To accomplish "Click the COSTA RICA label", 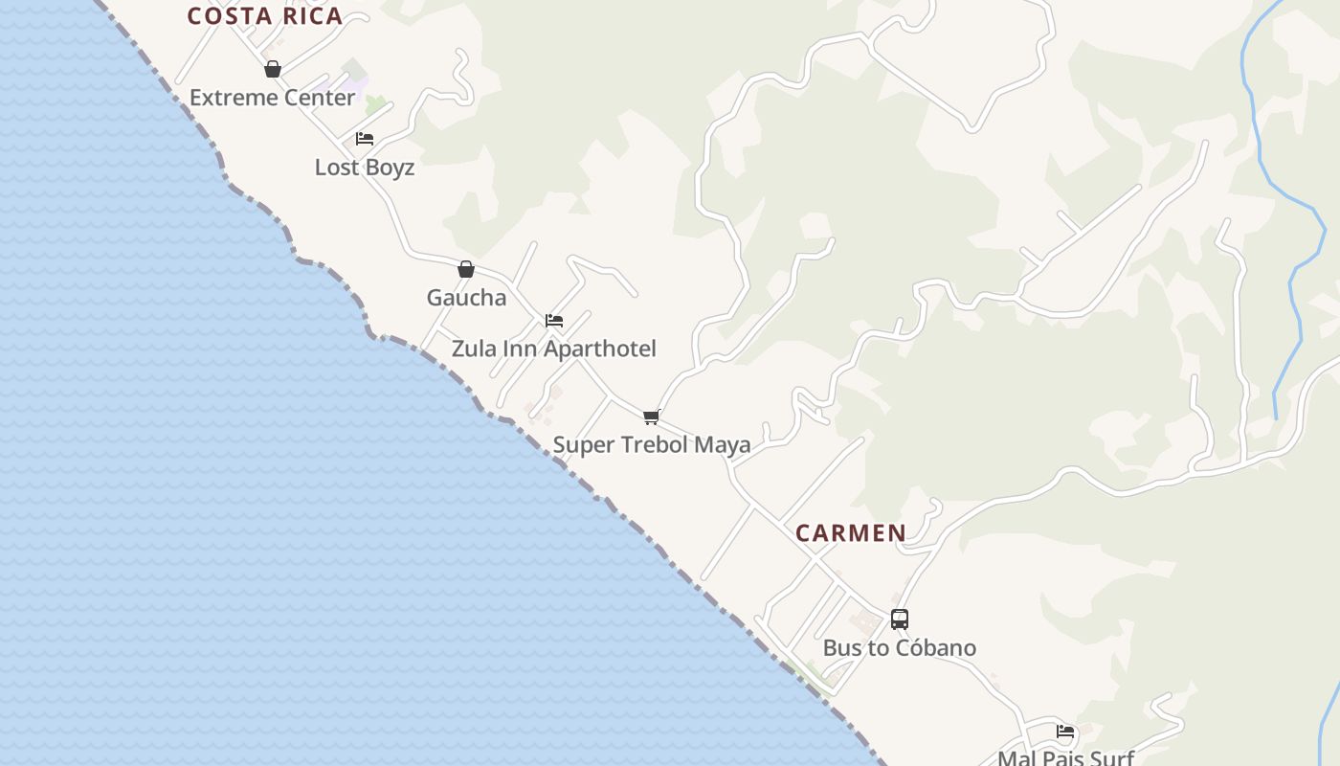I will [x=264, y=16].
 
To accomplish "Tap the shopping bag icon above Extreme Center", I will [x=273, y=69].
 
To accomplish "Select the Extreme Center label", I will [x=272, y=98].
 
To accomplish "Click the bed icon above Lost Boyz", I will [x=365, y=139].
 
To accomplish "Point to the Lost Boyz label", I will [x=365, y=168].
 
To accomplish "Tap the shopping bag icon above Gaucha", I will [x=466, y=269].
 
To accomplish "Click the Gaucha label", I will [x=466, y=298].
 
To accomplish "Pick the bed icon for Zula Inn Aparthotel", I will [x=554, y=321].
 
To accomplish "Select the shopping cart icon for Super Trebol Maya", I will [x=652, y=417].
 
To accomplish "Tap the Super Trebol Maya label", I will [x=652, y=445].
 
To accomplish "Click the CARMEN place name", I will [x=851, y=533].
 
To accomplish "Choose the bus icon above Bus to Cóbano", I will [x=900, y=620].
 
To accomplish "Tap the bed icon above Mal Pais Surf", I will [x=1065, y=732].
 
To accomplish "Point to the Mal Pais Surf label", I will [x=1065, y=758].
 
